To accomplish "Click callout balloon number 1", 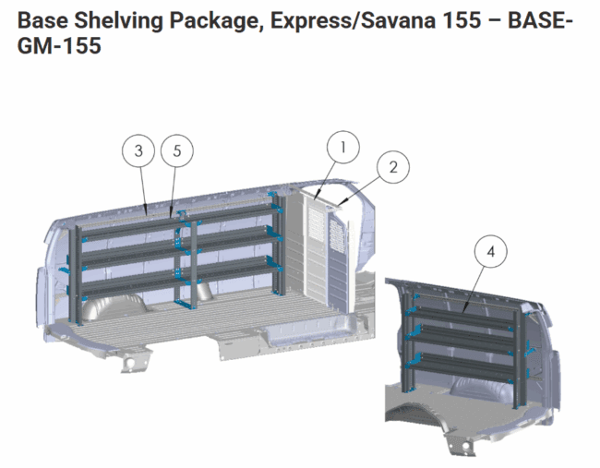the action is click(343, 148).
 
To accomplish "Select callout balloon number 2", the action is click(393, 167).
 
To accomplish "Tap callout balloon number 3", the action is click(138, 150).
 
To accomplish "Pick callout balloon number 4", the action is click(490, 251).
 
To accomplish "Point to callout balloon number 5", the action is click(177, 150).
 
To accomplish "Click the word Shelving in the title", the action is click(118, 20).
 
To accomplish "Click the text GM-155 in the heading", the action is click(59, 45).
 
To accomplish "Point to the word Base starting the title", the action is click(42, 20).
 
